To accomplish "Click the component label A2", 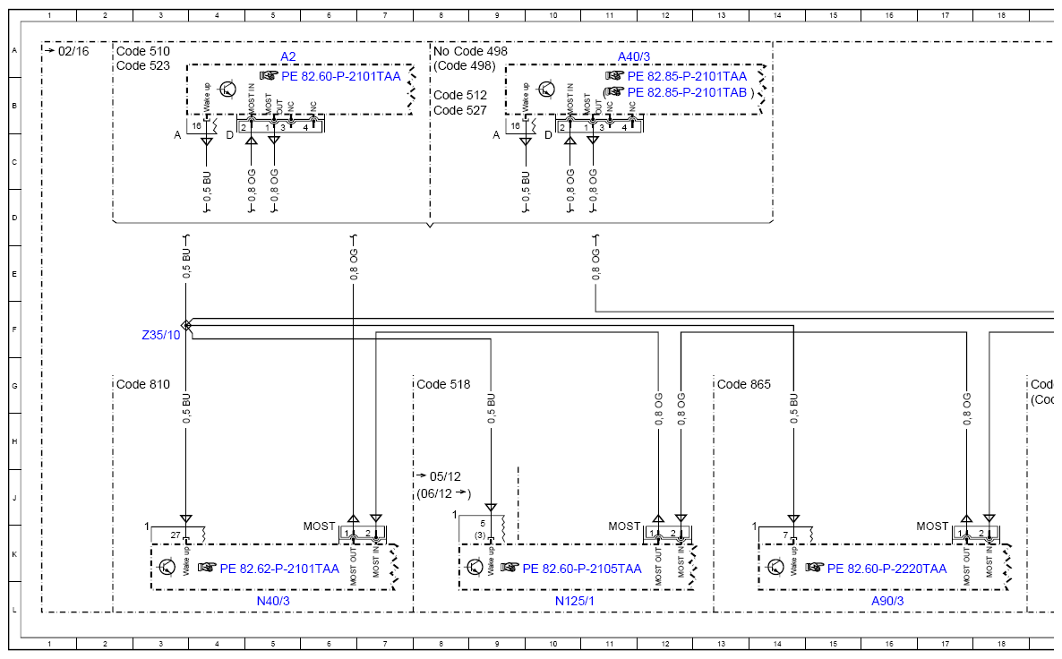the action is pos(287,57).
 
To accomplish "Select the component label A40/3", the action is pos(633,57).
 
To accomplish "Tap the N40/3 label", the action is pos(273,601).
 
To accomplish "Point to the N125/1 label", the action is pos(575,601).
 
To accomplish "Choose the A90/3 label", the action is pos(887,601).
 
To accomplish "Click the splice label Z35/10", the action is pos(161,335).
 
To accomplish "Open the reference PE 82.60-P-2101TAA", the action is pos(340,76).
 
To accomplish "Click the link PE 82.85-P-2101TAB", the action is pos(687,92).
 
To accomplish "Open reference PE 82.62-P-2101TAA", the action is pos(279,569).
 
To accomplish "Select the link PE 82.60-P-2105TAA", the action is pos(582,569).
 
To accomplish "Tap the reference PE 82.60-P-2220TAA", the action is pos(886,569).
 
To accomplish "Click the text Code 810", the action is pos(143,385).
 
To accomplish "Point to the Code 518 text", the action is pos(443,385).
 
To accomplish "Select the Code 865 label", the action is pos(744,385).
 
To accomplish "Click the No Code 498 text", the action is pos(470,51).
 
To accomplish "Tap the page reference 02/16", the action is pos(73,51).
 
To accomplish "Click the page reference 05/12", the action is pos(445,477).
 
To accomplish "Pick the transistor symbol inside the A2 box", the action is pos(227,89).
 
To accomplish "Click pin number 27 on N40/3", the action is pos(176,535).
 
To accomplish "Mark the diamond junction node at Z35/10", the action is pos(186,326).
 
